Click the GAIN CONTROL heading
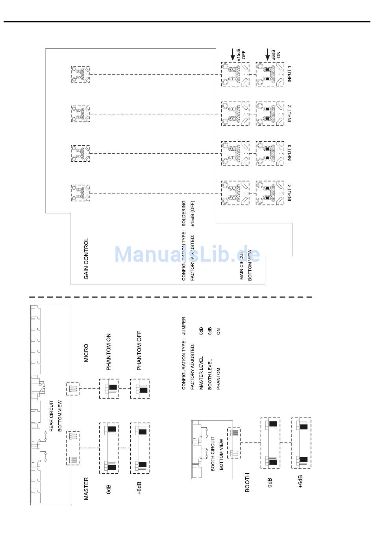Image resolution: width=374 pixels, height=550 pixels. tap(86, 258)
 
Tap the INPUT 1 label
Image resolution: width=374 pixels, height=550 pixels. tap(290, 74)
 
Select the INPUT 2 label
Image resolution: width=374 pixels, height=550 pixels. tap(290, 113)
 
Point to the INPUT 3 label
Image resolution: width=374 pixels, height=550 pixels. tap(290, 153)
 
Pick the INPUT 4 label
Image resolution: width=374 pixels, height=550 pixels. tap(290, 192)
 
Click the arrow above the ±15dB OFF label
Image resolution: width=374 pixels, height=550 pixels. tap(233, 54)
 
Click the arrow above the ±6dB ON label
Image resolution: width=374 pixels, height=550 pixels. tap(268, 54)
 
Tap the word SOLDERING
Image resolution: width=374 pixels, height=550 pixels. tap(184, 213)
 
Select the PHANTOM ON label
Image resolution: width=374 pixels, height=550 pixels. tap(109, 352)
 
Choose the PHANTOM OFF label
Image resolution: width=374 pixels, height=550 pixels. tap(139, 351)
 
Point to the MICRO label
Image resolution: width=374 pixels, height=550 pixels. tap(86, 353)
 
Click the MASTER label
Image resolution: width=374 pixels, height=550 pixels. tap(86, 489)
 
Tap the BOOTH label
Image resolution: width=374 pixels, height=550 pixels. tap(247, 482)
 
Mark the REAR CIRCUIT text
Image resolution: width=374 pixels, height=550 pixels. tap(52, 416)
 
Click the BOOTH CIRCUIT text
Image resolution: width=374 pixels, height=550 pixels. tap(213, 454)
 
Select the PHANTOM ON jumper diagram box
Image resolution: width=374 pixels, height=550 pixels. tap(109, 389)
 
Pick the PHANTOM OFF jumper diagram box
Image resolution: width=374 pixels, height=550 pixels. tap(140, 389)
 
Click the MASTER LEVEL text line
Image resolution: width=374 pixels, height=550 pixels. tap(201, 374)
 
